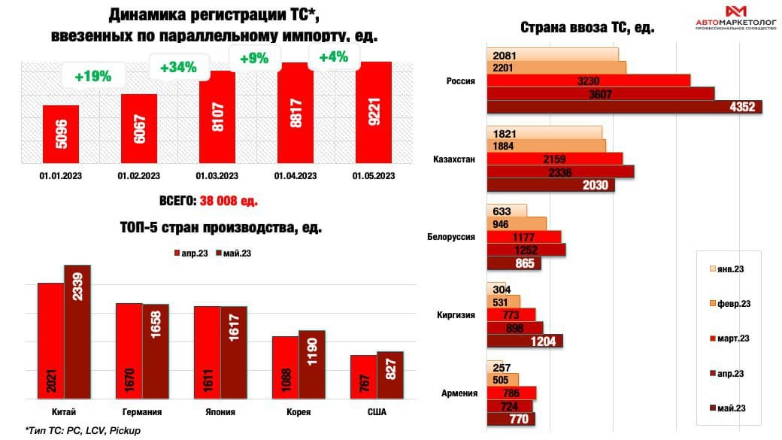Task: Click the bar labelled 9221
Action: coord(374,111)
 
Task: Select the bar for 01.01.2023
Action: coord(61,133)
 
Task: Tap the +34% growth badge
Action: coord(178,67)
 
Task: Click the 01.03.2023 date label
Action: coord(217,176)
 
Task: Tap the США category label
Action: coord(377,411)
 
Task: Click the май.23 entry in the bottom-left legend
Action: coord(233,253)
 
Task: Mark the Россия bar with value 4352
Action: coord(624,107)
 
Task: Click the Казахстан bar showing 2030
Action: coord(550,185)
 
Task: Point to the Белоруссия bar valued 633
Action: coord(507,211)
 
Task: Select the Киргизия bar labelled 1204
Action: coord(524,341)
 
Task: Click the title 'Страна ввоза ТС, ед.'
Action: coord(588,28)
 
